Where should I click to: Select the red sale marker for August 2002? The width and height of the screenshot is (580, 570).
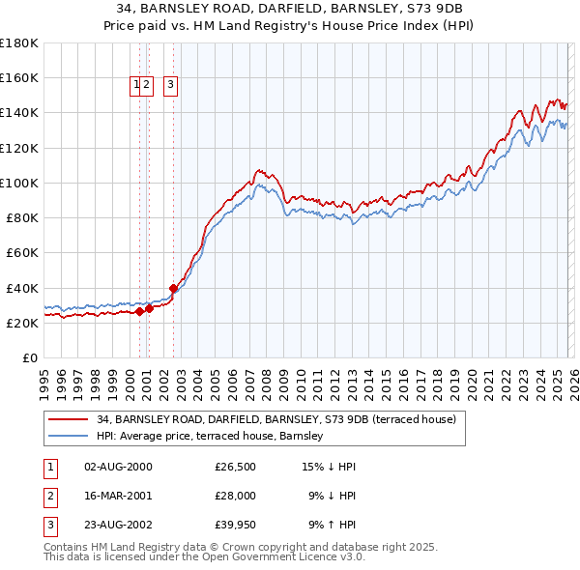tap(174, 287)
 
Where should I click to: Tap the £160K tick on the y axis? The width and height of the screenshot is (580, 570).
tap(19, 78)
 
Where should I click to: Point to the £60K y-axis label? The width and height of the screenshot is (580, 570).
tap(22, 253)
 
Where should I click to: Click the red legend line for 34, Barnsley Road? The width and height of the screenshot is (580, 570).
tap(69, 420)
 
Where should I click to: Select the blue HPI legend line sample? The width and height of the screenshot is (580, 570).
tap(69, 437)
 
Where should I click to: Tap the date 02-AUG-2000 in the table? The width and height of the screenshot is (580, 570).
tap(118, 467)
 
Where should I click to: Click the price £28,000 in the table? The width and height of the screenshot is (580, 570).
tap(235, 495)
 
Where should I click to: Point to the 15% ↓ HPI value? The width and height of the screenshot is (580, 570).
tap(330, 467)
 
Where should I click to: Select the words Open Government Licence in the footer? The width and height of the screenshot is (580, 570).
tap(264, 557)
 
